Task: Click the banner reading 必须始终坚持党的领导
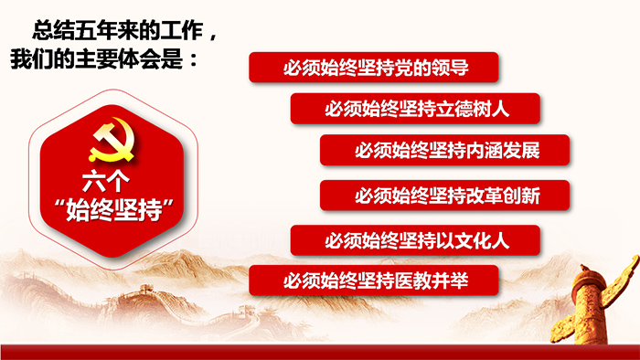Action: click(x=374, y=68)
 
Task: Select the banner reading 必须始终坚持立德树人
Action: click(x=415, y=109)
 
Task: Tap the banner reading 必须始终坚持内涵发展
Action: click(x=444, y=150)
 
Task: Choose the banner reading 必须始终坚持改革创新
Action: click(x=444, y=196)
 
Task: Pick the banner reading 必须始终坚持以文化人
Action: click(x=415, y=240)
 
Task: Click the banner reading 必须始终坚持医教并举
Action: click(x=374, y=281)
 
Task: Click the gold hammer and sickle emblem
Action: click(x=112, y=140)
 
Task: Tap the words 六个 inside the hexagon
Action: click(x=106, y=181)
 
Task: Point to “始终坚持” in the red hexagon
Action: click(x=114, y=209)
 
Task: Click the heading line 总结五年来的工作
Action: click(x=118, y=30)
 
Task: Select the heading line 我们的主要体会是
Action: click(x=97, y=58)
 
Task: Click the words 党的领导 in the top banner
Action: click(x=432, y=68)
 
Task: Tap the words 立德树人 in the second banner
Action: click(x=473, y=109)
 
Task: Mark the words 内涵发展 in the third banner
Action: click(x=503, y=151)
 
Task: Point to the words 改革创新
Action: click(x=503, y=196)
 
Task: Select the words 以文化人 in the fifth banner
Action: click(x=473, y=240)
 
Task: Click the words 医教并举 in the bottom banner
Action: click(x=432, y=281)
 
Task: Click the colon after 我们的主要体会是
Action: click(x=194, y=60)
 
